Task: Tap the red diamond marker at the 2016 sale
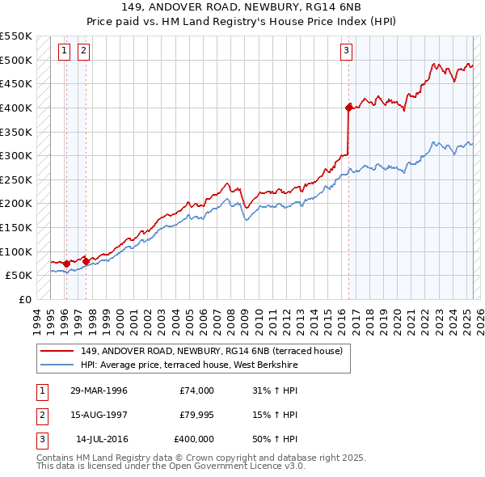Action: (348, 107)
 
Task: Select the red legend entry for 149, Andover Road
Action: (212, 351)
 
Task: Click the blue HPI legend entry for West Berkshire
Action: (189, 365)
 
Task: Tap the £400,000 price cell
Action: (194, 439)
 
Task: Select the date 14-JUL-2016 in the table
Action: (99, 439)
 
